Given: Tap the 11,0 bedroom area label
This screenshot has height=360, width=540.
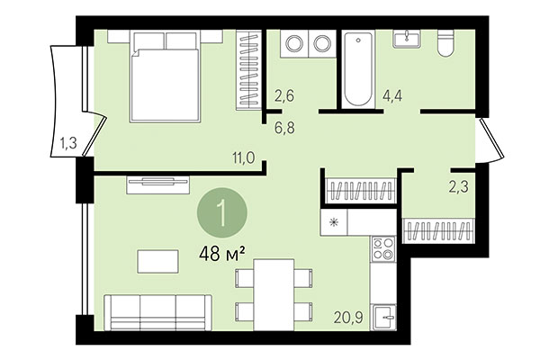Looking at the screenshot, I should coord(245,157).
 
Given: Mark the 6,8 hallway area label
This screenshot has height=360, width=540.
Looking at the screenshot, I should coord(284,126).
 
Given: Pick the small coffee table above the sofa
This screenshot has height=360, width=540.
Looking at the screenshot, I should coord(158,261).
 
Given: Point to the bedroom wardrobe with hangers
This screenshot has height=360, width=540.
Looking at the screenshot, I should coord(247,70).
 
